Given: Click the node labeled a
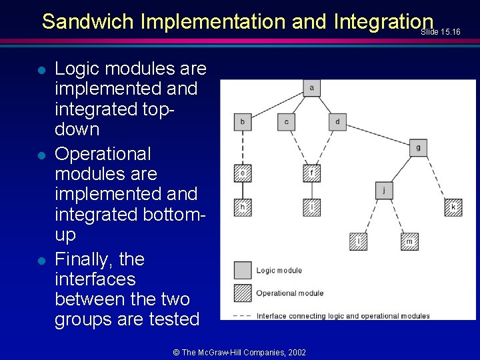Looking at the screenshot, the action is (x=311, y=88).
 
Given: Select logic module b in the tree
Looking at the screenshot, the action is (x=242, y=122).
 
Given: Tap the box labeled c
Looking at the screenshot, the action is (x=286, y=122).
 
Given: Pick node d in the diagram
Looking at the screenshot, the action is (x=337, y=122).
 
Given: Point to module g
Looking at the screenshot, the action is (x=418, y=147).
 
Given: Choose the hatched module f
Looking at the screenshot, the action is (x=311, y=174).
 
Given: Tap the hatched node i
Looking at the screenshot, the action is (x=311, y=208).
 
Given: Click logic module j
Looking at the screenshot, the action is (x=384, y=191).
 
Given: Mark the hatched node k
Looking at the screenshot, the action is (x=453, y=208).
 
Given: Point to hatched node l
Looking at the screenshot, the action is (x=359, y=241).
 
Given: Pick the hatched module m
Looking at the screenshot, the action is (x=410, y=241).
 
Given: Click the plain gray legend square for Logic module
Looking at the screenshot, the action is (x=243, y=270).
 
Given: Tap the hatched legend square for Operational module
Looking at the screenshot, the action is (x=243, y=293).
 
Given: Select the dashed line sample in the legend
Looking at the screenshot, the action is (x=242, y=315).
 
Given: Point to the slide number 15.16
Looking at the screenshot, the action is (x=450, y=31).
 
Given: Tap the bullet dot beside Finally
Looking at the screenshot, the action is (x=41, y=261).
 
